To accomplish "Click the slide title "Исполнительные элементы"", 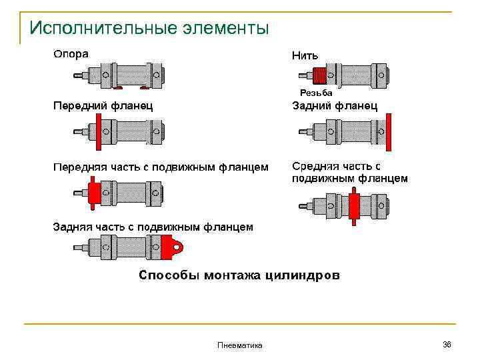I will pos(149,29).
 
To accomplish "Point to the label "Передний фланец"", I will pos(103,105).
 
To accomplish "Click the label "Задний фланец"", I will pos(335,105).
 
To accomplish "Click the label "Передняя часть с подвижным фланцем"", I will pos(161,167).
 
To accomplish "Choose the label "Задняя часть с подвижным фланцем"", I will pos(153,227).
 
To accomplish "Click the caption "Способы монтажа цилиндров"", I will pos(239,275).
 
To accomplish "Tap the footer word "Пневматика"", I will pos(240,345).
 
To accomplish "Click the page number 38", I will pos(447,344).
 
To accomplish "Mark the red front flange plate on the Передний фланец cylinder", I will pos(99,131).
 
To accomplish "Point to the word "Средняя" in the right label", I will pos(317,166).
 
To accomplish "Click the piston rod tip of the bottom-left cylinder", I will pos(78,248).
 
